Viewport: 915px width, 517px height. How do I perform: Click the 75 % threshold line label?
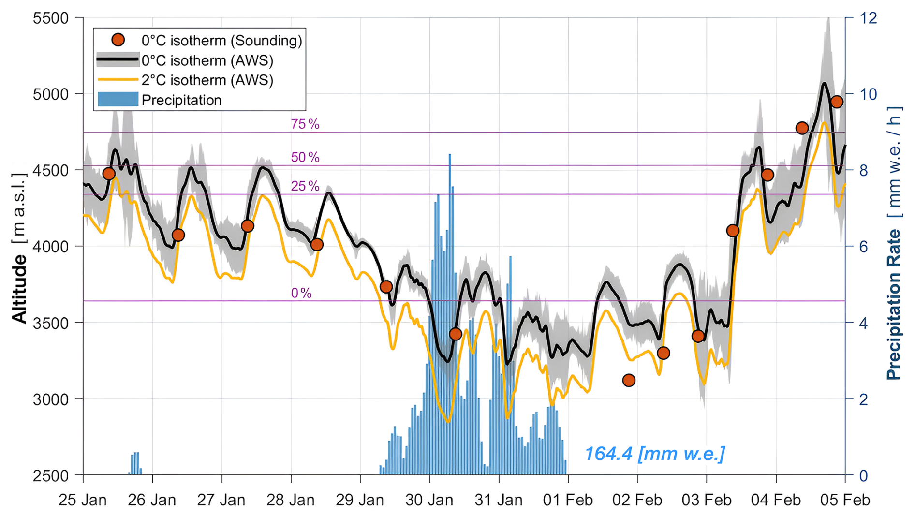(305, 124)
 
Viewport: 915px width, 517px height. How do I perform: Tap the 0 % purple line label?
(301, 293)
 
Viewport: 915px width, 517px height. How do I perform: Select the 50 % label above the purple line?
(305, 157)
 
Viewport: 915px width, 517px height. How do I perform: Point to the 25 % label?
(305, 186)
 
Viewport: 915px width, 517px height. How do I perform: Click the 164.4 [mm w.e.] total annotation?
(654, 454)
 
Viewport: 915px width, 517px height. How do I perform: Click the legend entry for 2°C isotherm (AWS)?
(207, 80)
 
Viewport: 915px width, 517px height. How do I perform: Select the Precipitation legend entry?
(181, 100)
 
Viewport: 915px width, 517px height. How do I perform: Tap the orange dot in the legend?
(118, 40)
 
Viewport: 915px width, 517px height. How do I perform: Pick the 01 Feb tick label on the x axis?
(568, 500)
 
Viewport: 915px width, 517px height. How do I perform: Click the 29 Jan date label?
(360, 500)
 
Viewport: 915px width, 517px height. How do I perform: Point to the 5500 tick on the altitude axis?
(51, 18)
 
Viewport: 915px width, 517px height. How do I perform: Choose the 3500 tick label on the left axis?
(51, 323)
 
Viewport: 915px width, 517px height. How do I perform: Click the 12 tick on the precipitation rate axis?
(869, 18)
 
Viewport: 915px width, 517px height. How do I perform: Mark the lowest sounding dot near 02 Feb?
(629, 381)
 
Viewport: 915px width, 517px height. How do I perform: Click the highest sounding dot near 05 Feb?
(837, 102)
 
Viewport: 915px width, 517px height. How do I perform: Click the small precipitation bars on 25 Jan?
(135, 463)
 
